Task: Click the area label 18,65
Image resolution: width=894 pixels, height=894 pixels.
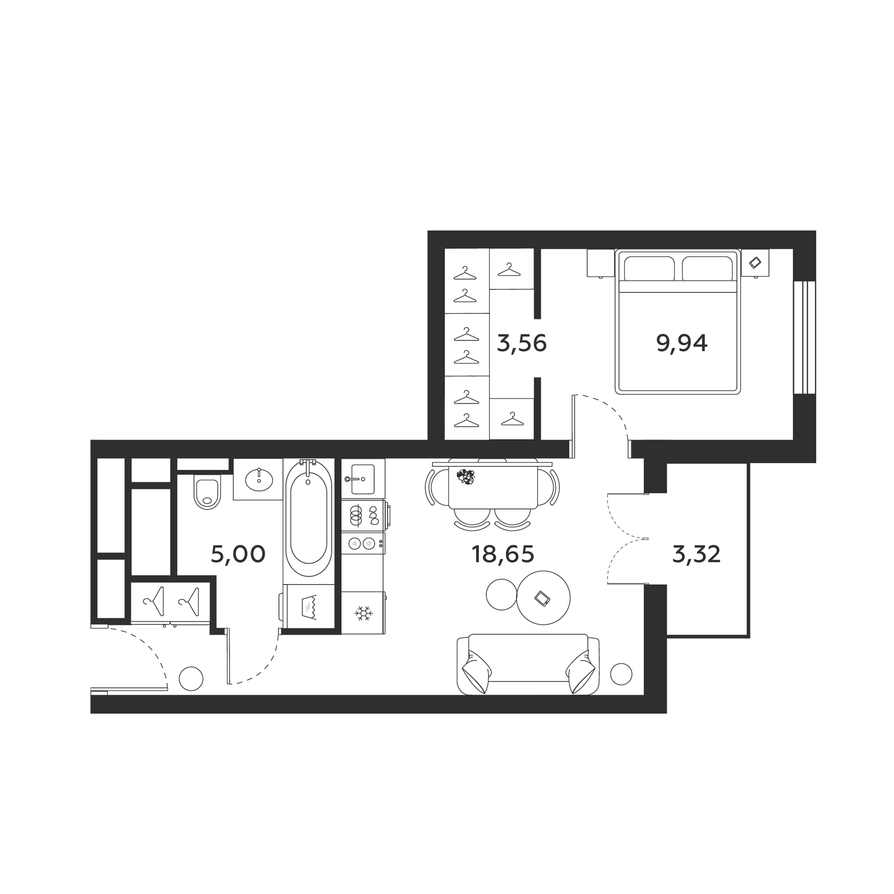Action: (502, 554)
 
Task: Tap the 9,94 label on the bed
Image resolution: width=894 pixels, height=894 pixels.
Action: (682, 343)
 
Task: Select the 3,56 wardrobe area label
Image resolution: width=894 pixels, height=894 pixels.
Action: (521, 343)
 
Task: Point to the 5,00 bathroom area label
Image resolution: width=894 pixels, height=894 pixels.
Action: (238, 554)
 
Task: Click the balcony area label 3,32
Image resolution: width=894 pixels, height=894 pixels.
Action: (696, 554)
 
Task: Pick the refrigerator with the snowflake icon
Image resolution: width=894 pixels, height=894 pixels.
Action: (363, 613)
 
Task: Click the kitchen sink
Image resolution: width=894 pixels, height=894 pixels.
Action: (363, 479)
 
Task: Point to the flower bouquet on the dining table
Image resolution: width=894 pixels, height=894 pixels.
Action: (466, 476)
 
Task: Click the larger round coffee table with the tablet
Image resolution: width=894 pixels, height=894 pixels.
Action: (543, 597)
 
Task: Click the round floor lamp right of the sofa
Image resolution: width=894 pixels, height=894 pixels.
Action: (621, 674)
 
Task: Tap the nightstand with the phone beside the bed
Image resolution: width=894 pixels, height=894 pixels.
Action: (755, 263)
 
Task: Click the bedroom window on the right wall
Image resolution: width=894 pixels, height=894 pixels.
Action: (804, 338)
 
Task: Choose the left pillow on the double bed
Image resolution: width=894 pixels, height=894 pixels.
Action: (649, 269)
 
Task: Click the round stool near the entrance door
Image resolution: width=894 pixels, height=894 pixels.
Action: (191, 678)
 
